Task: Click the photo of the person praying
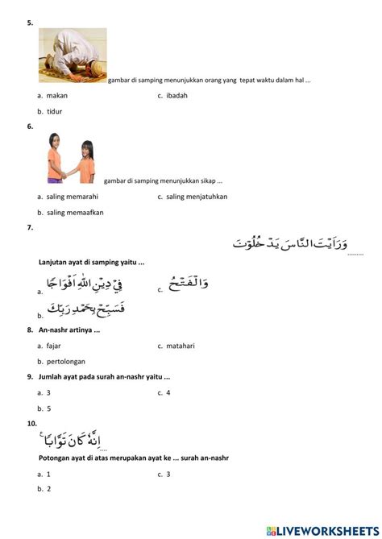coord(73,55)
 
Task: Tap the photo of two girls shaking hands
coord(70,158)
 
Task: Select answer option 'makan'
coord(56,96)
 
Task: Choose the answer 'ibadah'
coord(176,96)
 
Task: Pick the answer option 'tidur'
coord(55,111)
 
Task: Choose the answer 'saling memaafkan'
coord(75,213)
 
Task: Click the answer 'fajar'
coord(54,346)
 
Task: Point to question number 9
coord(29,377)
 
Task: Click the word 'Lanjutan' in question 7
coord(54,262)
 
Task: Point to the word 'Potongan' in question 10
coord(55,458)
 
